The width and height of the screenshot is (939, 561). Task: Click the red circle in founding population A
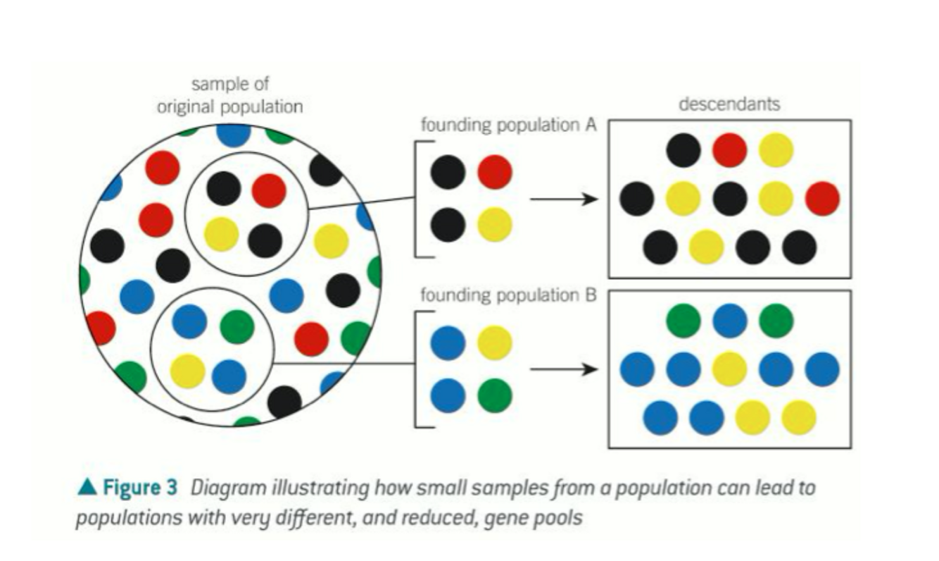(495, 173)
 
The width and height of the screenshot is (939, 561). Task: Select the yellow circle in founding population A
(495, 225)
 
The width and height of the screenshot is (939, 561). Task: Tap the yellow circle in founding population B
(495, 343)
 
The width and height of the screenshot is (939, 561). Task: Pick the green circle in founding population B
(495, 395)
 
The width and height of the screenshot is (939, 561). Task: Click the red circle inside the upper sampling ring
(269, 190)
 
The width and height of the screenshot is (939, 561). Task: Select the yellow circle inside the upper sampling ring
(222, 234)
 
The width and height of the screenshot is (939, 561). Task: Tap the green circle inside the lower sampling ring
(237, 326)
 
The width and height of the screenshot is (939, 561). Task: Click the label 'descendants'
(729, 104)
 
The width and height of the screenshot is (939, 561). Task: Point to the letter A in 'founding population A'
(591, 125)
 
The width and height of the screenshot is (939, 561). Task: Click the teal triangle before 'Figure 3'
(87, 486)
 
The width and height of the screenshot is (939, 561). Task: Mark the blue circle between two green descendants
(729, 319)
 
